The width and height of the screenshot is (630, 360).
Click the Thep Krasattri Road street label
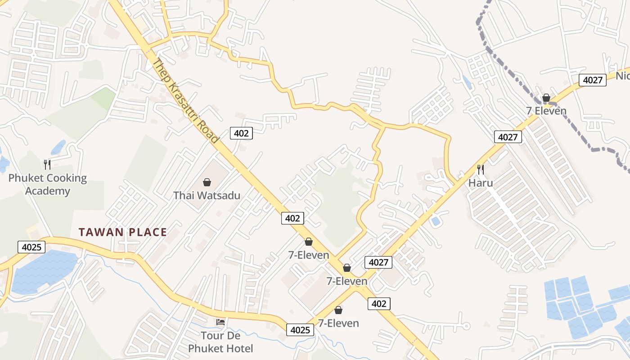point(185,101)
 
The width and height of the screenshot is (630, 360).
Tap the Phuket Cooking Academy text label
point(48,184)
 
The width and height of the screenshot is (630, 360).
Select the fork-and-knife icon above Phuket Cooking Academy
point(47,164)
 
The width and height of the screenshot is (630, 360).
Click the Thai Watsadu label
point(207,196)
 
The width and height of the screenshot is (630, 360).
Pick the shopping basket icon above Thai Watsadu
point(207,182)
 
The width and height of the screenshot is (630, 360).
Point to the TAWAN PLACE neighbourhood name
point(123,233)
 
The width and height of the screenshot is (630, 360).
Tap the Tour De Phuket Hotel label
point(220,342)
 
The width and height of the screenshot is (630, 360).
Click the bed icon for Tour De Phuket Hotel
point(220,322)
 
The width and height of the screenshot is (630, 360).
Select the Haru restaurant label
point(481,183)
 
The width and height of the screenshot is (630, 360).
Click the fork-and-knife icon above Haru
point(481,170)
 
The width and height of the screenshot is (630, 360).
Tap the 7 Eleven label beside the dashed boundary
point(546,111)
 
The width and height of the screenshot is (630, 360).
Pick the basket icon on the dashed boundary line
point(546,98)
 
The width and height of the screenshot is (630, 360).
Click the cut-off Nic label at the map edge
point(623,76)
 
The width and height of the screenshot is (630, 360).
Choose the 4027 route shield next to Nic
point(593,80)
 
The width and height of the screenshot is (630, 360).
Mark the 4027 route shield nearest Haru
point(508,137)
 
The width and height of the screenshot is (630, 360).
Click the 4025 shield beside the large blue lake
point(31,247)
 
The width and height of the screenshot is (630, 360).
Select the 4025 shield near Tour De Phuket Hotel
point(300,330)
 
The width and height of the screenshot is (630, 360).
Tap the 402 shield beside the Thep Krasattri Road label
point(241,133)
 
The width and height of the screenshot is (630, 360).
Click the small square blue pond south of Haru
point(436,221)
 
